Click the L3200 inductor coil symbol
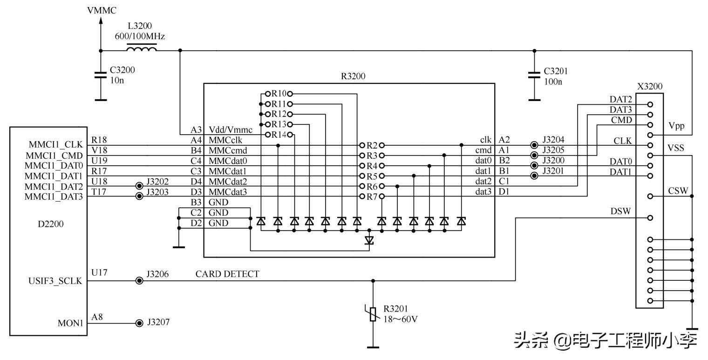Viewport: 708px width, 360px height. pos(142,48)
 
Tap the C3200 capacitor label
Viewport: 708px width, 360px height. pos(123,71)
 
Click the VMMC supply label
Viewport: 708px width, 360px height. pos(102,10)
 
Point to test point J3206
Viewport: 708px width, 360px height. pos(139,280)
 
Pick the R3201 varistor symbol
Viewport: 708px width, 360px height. pos(373,314)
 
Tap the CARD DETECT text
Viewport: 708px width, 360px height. pos(227,274)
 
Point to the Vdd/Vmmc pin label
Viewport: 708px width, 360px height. pos(231,130)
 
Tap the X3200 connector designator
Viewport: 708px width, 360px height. pos(649,86)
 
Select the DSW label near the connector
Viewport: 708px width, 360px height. pos(620,211)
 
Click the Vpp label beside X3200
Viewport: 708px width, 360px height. pos(676,126)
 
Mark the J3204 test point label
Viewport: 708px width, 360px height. pos(553,140)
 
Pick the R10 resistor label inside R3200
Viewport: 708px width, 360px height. pos(279,94)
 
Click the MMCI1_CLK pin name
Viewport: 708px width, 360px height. pos(56,144)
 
